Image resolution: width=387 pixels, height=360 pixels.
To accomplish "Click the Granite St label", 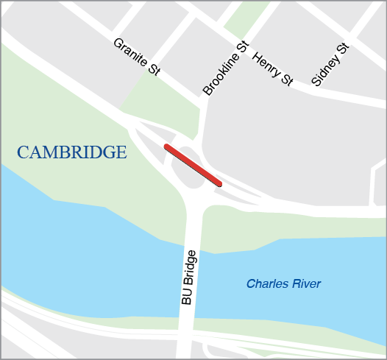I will coord(136,56).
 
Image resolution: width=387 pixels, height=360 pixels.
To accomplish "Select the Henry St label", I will coord(272,69).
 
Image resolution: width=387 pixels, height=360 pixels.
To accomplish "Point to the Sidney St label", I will coord(329,65).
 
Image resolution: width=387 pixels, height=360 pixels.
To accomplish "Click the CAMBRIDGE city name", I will coord(72,153).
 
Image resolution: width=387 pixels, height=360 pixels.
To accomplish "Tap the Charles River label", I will coord(283,283).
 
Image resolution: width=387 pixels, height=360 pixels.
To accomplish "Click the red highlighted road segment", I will coord(193,165).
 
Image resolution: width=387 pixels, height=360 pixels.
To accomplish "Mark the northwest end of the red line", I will coord(168,147).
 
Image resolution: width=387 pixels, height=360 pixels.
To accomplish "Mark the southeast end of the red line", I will coord(219,183).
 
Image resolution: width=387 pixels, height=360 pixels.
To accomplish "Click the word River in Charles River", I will coord(306,283).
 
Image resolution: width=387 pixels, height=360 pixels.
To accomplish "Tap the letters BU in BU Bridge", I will coord(187,297).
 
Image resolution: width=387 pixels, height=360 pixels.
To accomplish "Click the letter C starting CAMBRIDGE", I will coord(24,153).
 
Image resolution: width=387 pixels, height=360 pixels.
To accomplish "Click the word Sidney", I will coord(324,71).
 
